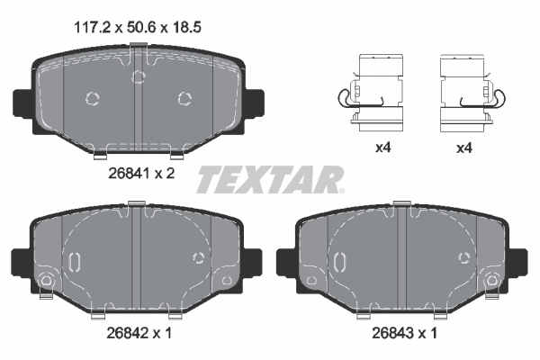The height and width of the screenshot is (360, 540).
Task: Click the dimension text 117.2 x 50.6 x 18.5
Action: coord(136,28)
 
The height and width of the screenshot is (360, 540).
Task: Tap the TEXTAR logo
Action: coord(269,179)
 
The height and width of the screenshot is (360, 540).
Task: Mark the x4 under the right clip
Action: coord(465,148)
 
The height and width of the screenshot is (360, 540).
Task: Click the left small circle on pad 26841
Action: coord(92,99)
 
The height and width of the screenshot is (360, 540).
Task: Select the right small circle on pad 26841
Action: coord(185,98)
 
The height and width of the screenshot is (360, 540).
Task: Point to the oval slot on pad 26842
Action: coord(76,262)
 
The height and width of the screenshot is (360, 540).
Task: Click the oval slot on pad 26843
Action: coord(340,262)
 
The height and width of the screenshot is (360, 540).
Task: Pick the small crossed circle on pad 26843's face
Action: coord(463,258)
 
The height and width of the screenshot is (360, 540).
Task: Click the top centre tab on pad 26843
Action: coord(397,211)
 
